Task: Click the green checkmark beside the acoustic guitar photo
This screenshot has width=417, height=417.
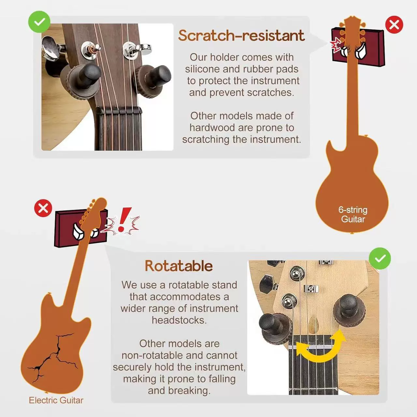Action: [x=39, y=22]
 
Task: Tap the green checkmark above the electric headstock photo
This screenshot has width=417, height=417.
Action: [x=380, y=258]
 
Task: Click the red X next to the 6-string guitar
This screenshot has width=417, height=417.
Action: [x=394, y=25]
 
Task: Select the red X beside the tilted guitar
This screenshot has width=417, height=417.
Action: [x=43, y=208]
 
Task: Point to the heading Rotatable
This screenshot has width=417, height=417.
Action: [x=179, y=266]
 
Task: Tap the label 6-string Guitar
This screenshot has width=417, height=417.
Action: [x=353, y=214]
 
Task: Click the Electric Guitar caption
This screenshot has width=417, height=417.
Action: [x=56, y=400]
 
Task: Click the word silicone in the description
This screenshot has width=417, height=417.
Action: [x=202, y=69]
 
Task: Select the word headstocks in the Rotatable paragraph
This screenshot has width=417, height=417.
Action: [x=179, y=320]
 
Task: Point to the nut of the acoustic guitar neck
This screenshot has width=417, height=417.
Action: [x=119, y=111]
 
